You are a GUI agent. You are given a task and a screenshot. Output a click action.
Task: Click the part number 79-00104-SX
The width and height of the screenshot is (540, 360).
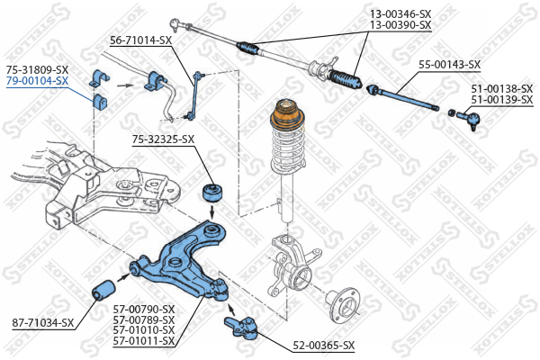click(37, 81)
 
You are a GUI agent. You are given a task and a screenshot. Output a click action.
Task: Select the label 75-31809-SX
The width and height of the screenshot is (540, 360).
click(37, 69)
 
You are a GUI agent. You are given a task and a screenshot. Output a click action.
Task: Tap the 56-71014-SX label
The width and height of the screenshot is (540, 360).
click(140, 40)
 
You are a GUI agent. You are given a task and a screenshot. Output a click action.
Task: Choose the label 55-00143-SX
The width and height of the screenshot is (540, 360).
click(449, 65)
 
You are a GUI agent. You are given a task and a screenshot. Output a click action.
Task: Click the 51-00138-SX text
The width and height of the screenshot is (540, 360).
click(502, 88)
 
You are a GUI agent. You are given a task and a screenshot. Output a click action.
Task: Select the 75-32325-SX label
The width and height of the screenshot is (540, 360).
click(163, 139)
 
